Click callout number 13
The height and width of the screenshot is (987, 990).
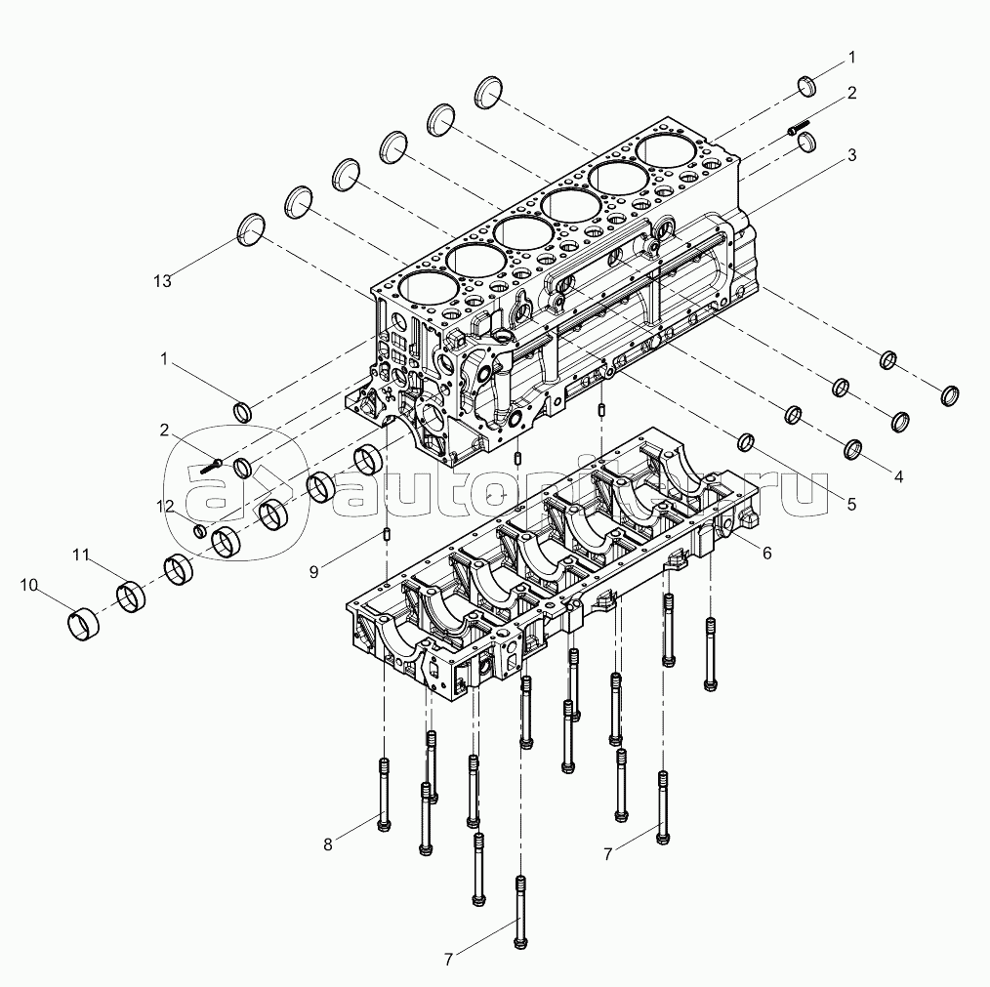tap(162, 281)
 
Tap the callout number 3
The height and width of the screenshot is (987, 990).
tap(851, 154)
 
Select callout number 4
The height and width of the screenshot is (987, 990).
tap(898, 476)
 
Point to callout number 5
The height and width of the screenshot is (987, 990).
tap(851, 504)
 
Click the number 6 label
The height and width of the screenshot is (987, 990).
tap(767, 554)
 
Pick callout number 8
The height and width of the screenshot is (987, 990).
tap(328, 844)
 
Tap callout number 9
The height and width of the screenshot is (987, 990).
tap(313, 571)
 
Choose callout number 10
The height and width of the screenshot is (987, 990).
tap(29, 586)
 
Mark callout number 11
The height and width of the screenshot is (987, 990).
tap(80, 555)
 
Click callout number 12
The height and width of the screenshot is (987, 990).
tap(165, 506)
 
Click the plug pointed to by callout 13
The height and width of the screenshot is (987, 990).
tap(251, 229)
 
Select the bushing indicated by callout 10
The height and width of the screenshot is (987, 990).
tap(82, 624)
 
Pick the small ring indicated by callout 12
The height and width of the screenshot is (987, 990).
tap(199, 531)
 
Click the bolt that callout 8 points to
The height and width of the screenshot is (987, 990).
tap(384, 795)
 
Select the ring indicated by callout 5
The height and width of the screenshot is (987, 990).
tap(746, 442)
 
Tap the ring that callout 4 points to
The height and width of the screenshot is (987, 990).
tap(853, 448)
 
